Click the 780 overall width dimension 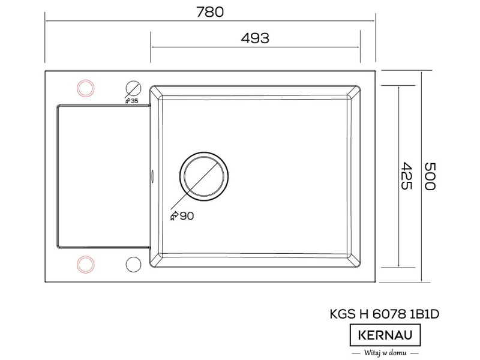point(210,12)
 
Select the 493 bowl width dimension point(255,38)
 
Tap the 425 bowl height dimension point(407,176)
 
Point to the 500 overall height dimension point(430,176)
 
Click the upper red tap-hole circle point(85,88)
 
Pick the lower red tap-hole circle point(85,265)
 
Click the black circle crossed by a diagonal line point(133,89)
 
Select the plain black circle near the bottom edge point(133,265)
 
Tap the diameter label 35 point(134,101)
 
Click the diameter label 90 point(187,216)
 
